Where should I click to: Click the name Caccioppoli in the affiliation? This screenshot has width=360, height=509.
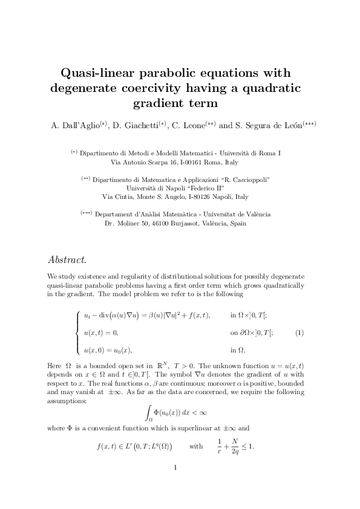click(x=247, y=180)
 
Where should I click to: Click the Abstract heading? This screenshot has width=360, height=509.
click(x=67, y=260)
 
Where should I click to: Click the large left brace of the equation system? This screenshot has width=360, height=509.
click(x=77, y=333)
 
